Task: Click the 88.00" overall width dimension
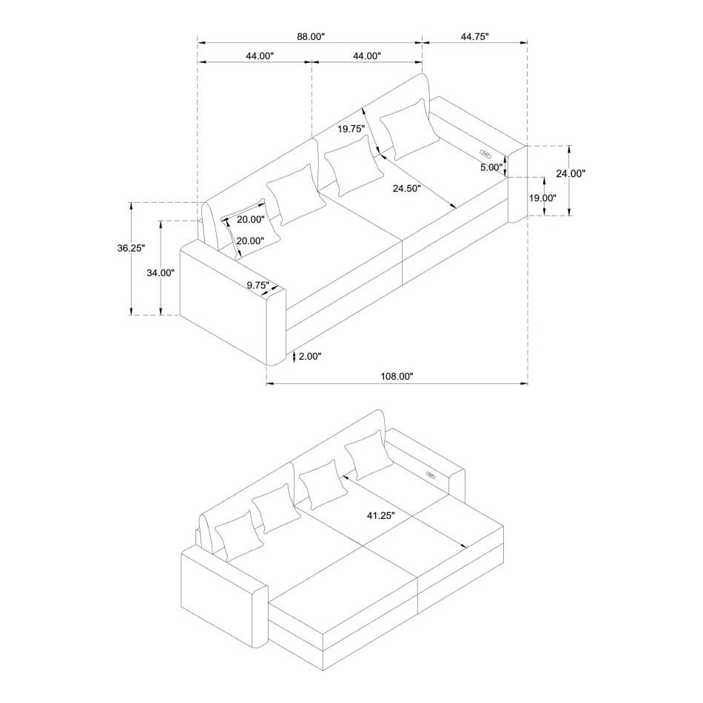(x=309, y=36)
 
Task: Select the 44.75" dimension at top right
(x=474, y=36)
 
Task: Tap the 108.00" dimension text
(x=397, y=376)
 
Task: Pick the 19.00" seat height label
(x=542, y=198)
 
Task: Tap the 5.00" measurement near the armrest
(x=491, y=166)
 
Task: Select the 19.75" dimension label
(x=352, y=129)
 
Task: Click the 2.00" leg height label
(x=309, y=356)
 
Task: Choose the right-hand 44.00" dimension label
(x=366, y=56)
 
